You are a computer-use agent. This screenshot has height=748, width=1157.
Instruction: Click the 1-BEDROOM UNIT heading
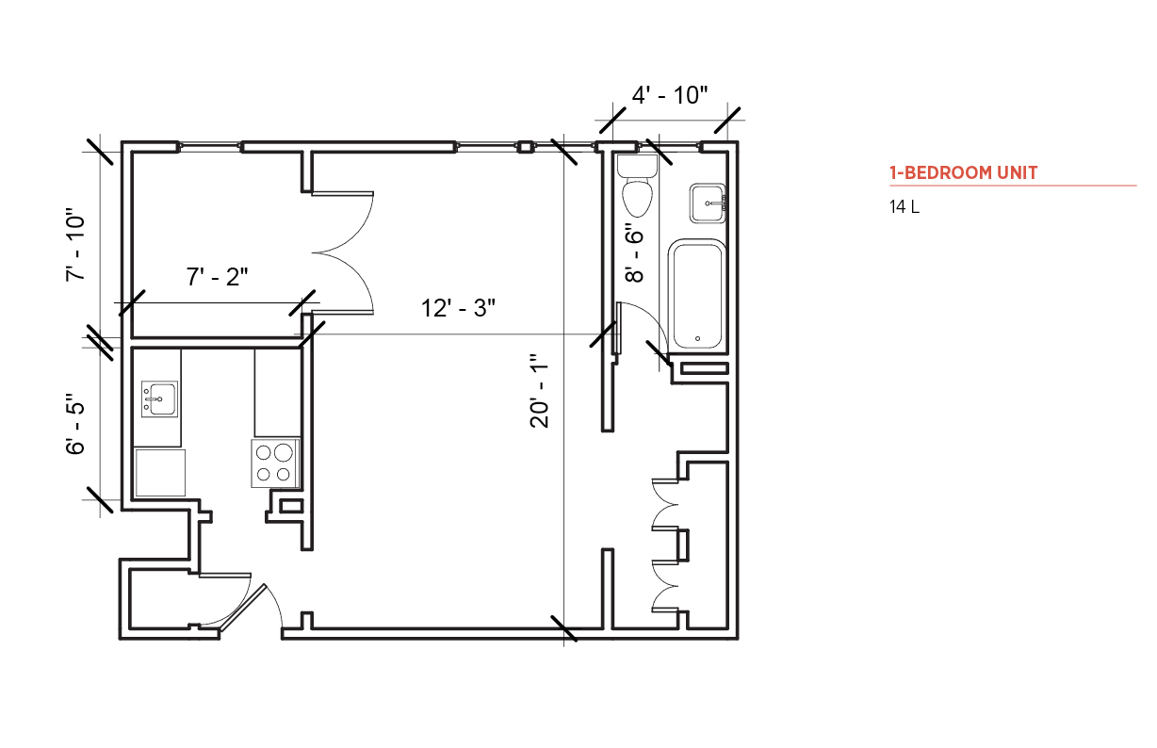(963, 172)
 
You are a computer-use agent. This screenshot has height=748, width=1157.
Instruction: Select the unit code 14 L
(904, 206)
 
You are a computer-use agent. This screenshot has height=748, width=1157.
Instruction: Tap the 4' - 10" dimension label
(669, 95)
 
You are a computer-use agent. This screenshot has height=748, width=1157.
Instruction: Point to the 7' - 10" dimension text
(75, 245)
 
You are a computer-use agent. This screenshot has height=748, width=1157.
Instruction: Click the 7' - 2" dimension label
(217, 277)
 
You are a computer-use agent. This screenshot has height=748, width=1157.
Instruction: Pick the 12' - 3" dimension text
(458, 308)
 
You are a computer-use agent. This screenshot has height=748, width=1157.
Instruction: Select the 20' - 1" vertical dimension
(539, 391)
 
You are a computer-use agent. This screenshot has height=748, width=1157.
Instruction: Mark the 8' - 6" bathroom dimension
(634, 252)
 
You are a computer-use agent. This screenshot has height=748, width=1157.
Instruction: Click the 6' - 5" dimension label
(75, 424)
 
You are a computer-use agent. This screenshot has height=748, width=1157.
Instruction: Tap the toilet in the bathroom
(637, 186)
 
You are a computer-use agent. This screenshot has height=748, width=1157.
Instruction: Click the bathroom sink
(708, 203)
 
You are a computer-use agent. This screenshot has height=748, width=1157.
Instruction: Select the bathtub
(697, 294)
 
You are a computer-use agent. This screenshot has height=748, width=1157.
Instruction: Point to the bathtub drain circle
(698, 339)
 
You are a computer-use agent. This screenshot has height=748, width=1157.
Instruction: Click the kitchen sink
(159, 398)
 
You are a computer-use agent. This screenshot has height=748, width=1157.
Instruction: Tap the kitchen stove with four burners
(275, 463)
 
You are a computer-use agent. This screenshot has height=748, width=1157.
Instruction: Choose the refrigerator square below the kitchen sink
(160, 473)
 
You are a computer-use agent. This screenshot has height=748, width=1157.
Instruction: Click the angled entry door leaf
(243, 608)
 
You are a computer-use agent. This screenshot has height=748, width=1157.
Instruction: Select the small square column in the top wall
(526, 147)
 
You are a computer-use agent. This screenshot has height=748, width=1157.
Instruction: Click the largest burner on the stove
(283, 453)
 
